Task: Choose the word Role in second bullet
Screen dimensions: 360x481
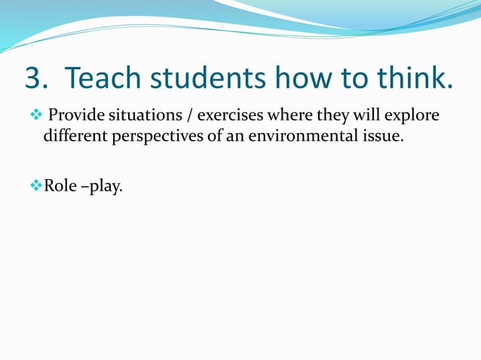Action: coord(60,185)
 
